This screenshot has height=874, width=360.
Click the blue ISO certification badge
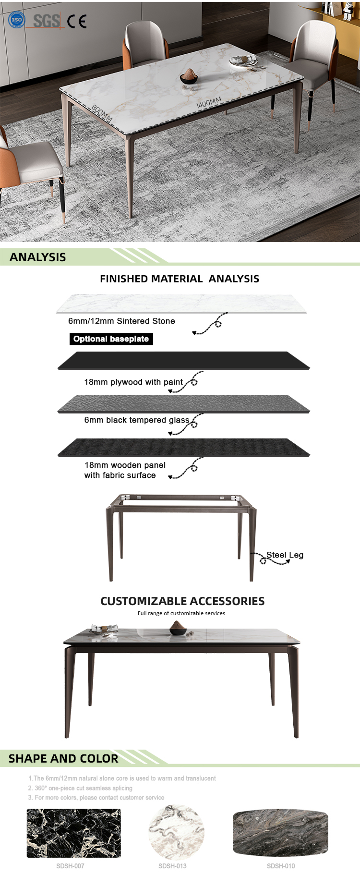17,20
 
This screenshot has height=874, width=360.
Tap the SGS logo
46,21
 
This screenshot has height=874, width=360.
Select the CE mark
77,22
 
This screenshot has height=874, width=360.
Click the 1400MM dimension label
208,103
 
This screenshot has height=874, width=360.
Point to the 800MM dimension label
102,113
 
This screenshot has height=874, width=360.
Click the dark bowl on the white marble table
189,77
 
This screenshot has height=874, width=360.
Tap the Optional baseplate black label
111,339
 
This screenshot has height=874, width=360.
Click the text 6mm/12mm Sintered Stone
121,321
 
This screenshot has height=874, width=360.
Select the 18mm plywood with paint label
133,382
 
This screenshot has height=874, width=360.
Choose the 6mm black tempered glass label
137,420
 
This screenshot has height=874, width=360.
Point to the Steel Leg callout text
285,555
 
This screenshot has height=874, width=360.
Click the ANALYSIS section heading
38,257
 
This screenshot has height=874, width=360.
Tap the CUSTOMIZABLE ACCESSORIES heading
182,601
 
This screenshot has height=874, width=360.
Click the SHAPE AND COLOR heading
63,759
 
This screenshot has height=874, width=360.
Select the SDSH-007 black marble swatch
73,833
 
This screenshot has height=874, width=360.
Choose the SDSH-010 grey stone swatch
281,833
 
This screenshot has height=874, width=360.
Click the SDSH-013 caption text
172,866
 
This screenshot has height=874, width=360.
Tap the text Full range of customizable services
181,613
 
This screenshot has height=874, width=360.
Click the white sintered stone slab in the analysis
181,303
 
